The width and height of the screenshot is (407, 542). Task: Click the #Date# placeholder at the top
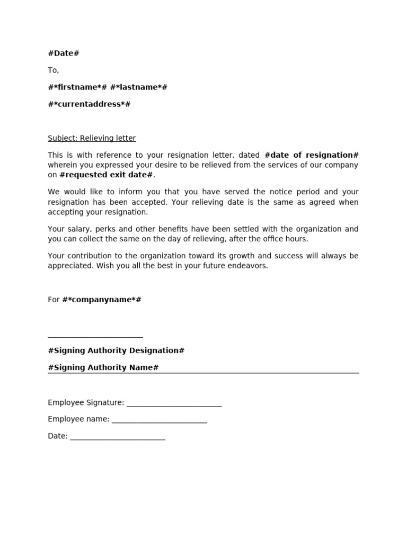click(64, 53)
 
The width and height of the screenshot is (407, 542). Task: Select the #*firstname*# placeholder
click(77, 87)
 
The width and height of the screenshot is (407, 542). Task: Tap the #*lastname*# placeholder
click(139, 87)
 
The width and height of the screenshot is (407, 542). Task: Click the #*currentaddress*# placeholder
click(89, 104)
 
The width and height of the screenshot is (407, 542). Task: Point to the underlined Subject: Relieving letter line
click(92, 138)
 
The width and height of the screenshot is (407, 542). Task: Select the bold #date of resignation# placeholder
click(311, 155)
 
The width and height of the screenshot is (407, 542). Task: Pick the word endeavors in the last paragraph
click(250, 266)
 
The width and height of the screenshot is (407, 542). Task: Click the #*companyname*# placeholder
click(102, 300)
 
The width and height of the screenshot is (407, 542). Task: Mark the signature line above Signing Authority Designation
click(95, 336)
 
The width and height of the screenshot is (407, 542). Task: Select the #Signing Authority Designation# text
click(116, 350)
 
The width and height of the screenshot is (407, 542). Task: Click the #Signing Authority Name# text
click(103, 367)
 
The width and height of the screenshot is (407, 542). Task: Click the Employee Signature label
click(86, 403)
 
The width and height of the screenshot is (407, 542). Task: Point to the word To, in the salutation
click(54, 70)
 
